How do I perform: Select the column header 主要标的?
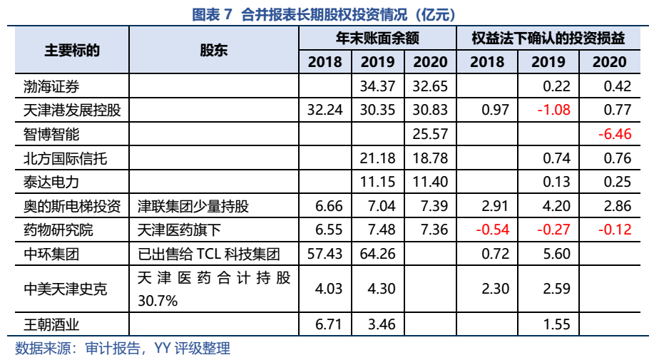(x=71, y=50)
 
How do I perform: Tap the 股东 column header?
(x=213, y=50)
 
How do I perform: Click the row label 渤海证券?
(x=51, y=87)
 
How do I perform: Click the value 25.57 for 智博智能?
(x=430, y=134)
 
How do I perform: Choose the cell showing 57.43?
(x=325, y=254)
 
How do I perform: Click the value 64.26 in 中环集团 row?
(x=377, y=254)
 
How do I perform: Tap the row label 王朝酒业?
(x=51, y=325)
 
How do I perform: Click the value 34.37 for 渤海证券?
(x=377, y=87)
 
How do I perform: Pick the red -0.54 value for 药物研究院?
(x=487, y=230)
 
